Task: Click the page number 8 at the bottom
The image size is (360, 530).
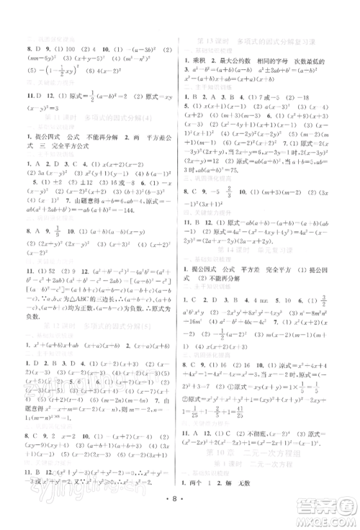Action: [179, 516]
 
